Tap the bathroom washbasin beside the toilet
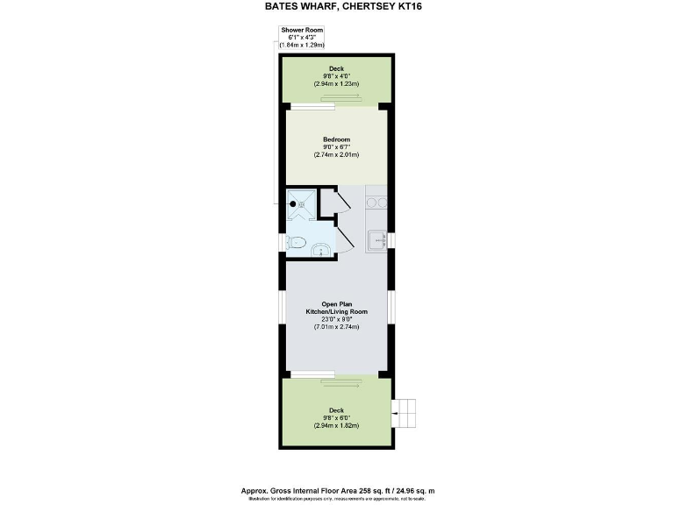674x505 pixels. click(x=321, y=251)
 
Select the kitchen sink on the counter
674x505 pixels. click(x=376, y=239)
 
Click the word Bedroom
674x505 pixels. click(x=336, y=139)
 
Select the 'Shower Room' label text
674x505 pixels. click(x=302, y=30)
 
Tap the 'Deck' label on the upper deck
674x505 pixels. click(x=336, y=68)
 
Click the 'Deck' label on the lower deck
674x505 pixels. click(x=336, y=409)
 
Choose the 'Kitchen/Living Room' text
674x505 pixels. click(x=336, y=311)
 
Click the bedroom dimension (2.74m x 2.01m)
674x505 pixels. click(x=336, y=154)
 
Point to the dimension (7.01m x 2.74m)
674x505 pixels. click(x=336, y=327)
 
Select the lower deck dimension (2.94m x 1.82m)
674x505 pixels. click(x=336, y=424)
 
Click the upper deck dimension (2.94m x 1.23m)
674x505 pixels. click(x=336, y=84)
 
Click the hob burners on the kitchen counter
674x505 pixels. click(x=377, y=203)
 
